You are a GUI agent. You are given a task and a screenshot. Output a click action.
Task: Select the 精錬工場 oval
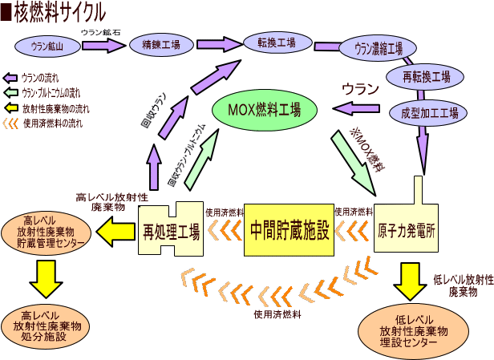tap(161, 46)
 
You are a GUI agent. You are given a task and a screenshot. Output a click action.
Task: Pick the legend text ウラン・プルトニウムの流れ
tap(51, 92)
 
